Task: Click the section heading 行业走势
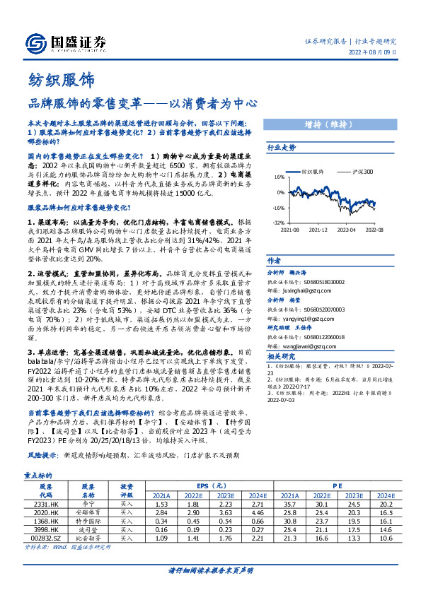(x=282, y=147)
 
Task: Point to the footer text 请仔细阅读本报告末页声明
(x=210, y=570)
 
